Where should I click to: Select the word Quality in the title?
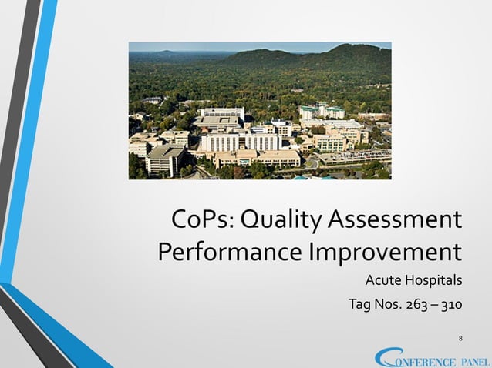click(x=278, y=219)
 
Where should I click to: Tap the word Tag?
click(x=361, y=305)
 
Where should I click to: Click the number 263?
click(x=421, y=305)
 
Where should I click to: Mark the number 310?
click(x=452, y=305)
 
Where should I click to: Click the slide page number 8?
click(x=460, y=338)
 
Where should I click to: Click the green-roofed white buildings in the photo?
click(x=323, y=112)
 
